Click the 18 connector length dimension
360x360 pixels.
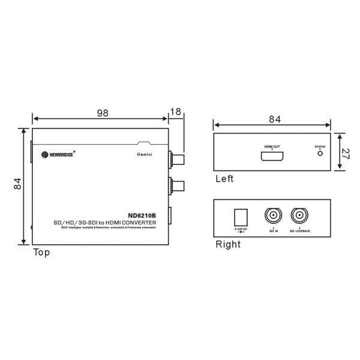175,111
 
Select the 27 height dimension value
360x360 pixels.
346,152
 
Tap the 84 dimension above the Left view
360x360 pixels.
274,119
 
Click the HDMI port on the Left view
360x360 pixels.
271,157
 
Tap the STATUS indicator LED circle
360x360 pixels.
320,153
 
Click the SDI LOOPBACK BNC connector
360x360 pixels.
299,216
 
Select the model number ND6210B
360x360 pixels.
142,216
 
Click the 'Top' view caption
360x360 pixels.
41,253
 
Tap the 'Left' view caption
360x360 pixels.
224,179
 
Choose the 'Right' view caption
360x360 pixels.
227,244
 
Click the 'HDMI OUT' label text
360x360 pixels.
271,146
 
